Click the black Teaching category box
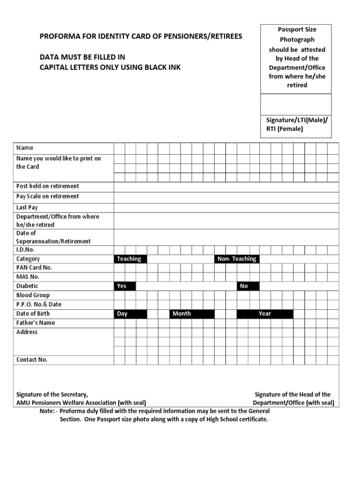pos(130,259)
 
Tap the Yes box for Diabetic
pos(124,286)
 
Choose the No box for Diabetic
pos(247,286)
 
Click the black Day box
pos(130,314)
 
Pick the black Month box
pos(186,314)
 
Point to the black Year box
pos(265,314)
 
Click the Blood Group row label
pos(33,295)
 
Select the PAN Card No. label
pos(34,268)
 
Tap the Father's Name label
pos(36,322)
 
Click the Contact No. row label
pos(32,360)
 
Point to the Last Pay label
pos(27,207)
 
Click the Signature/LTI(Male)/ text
pos(296,120)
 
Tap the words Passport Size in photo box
pos(297,30)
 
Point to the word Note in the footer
pos(47,411)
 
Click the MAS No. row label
pos(28,277)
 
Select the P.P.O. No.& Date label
pos(39,304)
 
